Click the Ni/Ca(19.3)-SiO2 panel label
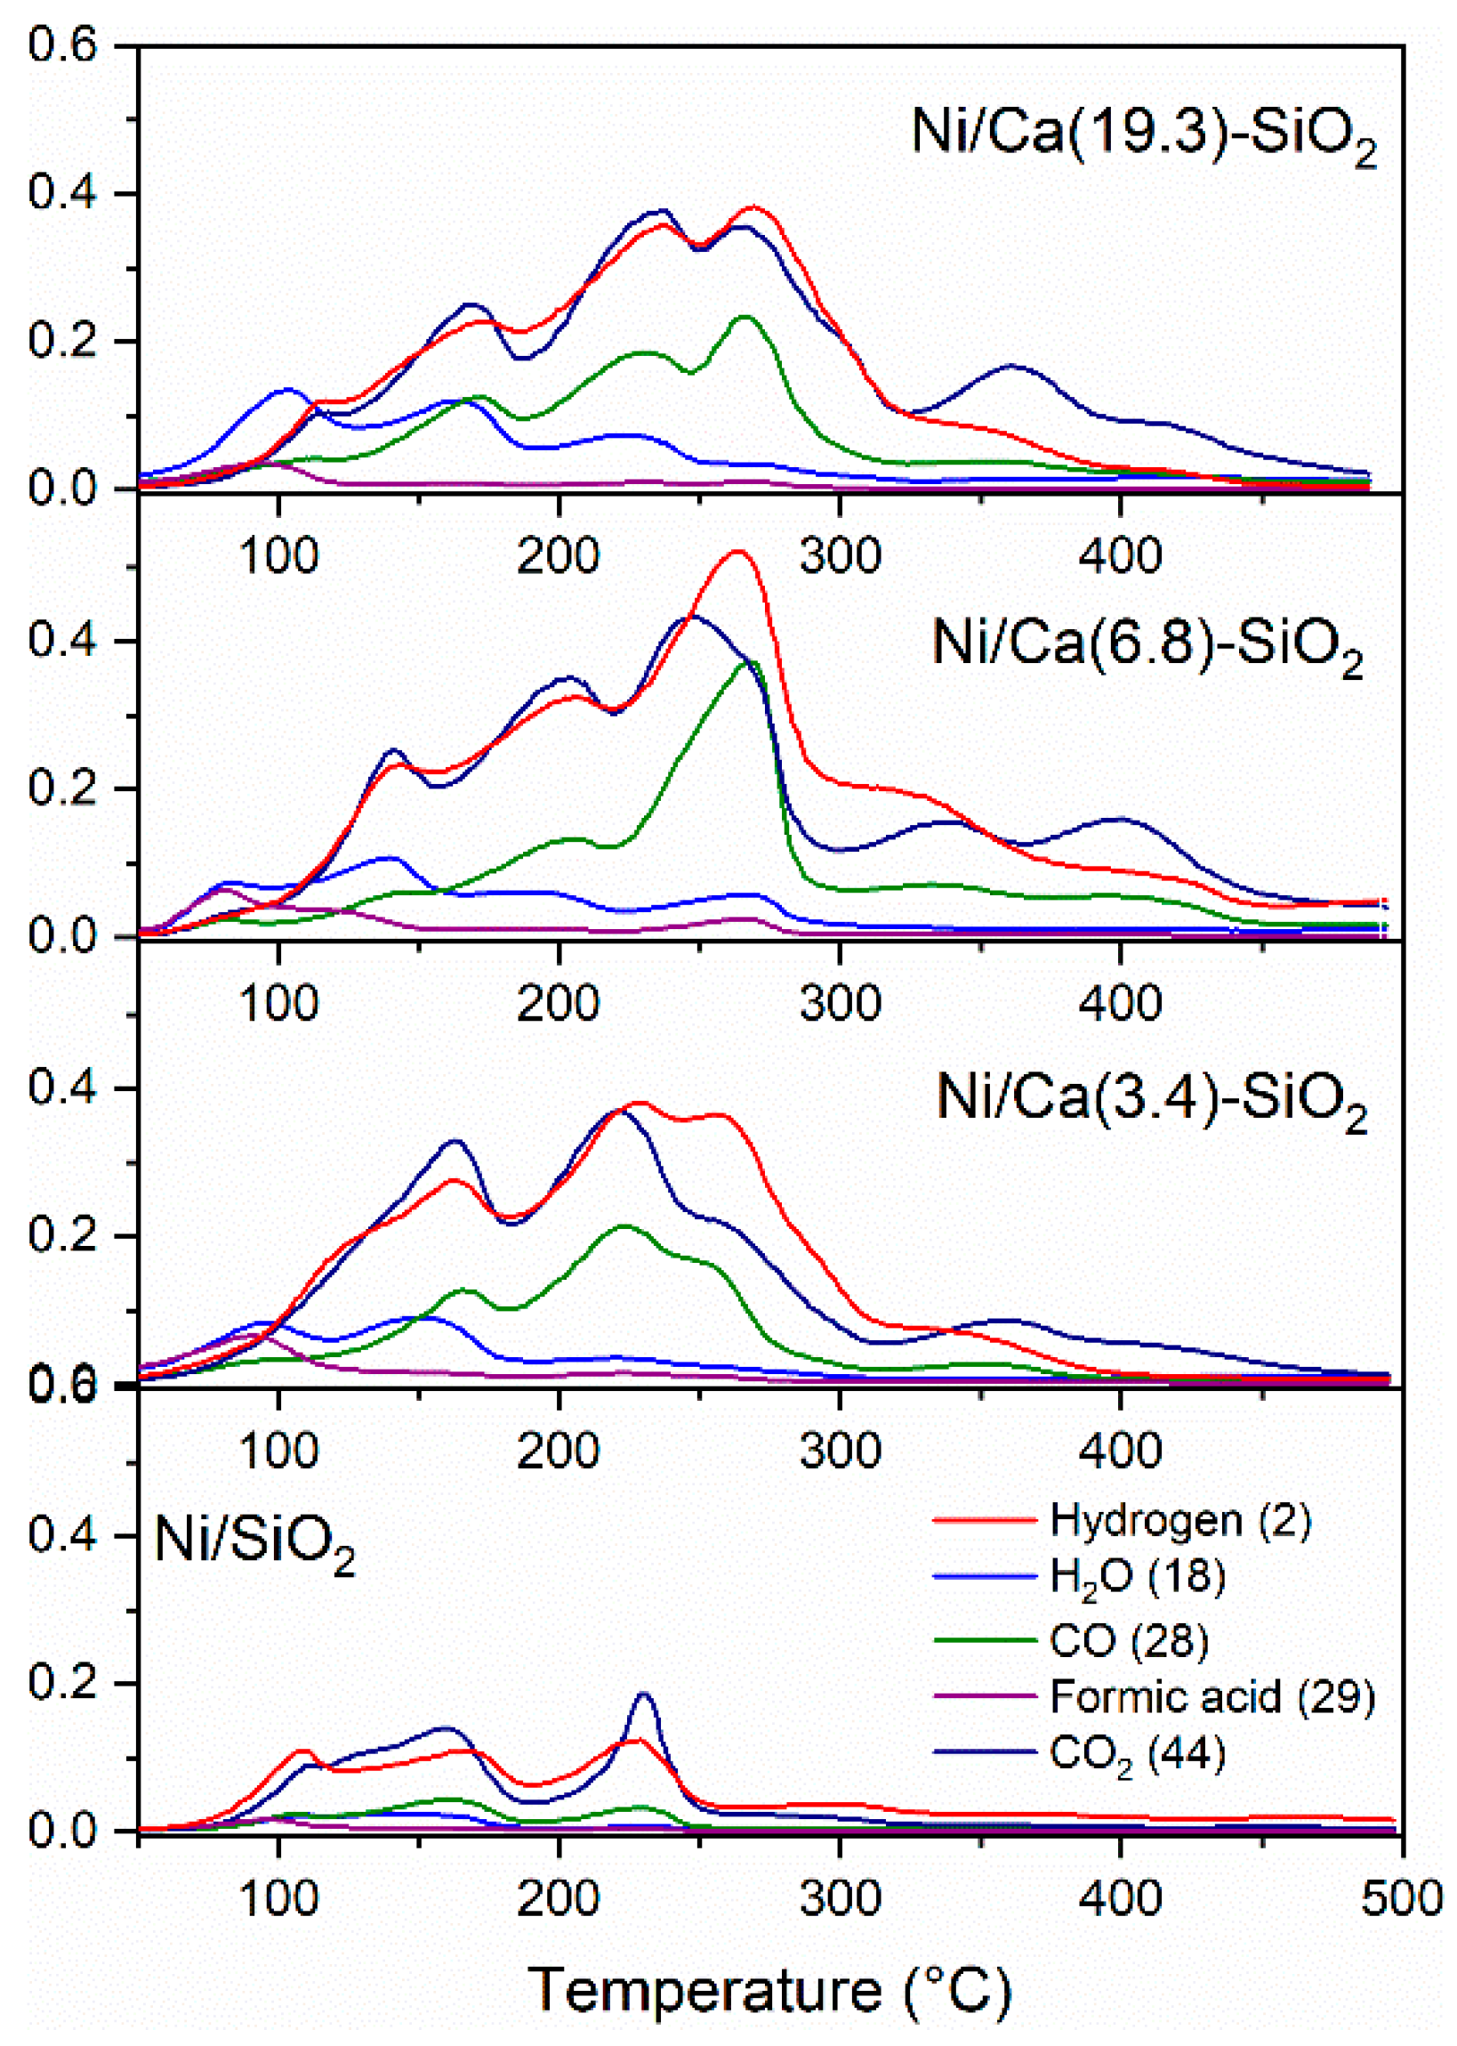coord(1144,134)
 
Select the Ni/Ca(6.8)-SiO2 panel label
coord(1148,645)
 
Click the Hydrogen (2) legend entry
coord(1179,1520)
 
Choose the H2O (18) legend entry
coord(1137,1577)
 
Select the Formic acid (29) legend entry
coord(1211,1696)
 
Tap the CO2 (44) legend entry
coord(1137,1754)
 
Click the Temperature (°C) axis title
coord(769,1965)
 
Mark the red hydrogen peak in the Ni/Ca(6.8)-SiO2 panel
coord(737,552)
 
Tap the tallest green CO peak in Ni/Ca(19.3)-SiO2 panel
coord(745,317)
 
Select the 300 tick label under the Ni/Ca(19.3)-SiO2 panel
coord(841,556)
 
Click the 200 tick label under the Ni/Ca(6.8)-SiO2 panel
coord(558,1003)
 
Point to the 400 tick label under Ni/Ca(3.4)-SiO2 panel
coord(1121,1450)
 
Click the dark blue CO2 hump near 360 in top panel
coord(1012,366)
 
